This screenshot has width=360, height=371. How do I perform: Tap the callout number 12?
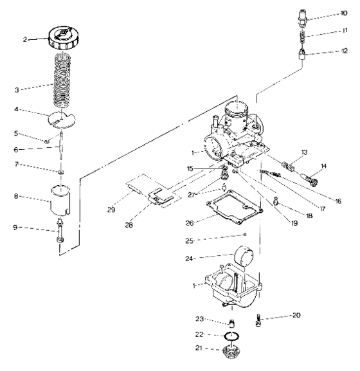tap(345, 56)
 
